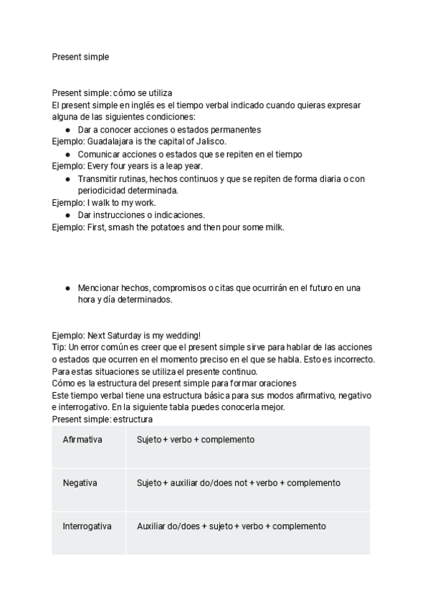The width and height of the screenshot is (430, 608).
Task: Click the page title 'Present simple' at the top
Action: [x=80, y=57]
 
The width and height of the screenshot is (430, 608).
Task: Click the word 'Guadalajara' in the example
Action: [x=112, y=142]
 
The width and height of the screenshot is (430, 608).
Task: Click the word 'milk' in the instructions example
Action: [x=273, y=227]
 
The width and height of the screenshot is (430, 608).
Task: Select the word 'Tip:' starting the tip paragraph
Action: [x=59, y=347]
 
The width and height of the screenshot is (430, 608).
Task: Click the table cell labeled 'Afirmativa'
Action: [x=82, y=440]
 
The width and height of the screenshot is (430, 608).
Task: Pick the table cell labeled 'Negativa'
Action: [x=80, y=483]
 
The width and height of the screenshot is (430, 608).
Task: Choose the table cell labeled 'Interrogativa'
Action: [x=87, y=526]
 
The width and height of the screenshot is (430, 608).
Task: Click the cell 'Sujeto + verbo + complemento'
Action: [x=196, y=440]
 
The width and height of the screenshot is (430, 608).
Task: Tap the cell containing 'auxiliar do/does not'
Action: [x=238, y=483]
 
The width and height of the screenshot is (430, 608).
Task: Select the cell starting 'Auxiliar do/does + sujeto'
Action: [x=231, y=526]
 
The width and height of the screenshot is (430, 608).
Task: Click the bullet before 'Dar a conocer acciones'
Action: [x=67, y=130]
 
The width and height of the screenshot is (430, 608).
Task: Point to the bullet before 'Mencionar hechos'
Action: [x=67, y=288]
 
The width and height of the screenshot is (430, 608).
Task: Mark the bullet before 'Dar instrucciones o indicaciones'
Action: [x=67, y=215]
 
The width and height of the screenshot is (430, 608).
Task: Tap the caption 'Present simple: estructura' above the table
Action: [x=102, y=419]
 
